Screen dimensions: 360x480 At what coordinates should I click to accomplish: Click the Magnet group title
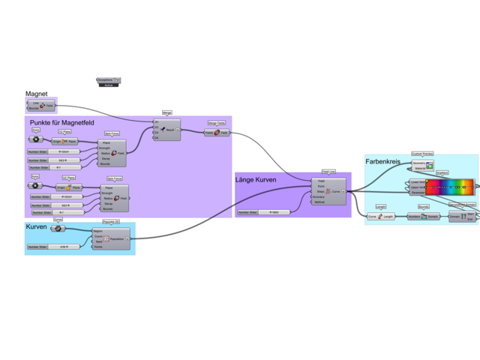(37, 94)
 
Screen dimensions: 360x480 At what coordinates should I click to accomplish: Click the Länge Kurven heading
(265, 180)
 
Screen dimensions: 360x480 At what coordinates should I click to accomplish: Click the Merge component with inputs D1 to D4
(166, 129)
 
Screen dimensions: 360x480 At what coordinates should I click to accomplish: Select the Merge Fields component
(217, 133)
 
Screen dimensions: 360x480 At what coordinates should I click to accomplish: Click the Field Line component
(328, 191)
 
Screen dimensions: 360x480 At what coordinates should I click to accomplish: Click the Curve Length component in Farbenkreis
(380, 217)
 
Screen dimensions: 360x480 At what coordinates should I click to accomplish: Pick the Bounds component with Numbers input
(423, 217)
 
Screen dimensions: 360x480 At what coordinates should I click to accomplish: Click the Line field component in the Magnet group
(46, 106)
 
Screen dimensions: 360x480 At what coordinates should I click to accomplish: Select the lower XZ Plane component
(69, 187)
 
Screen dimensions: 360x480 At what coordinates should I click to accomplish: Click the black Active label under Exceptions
(109, 85)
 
